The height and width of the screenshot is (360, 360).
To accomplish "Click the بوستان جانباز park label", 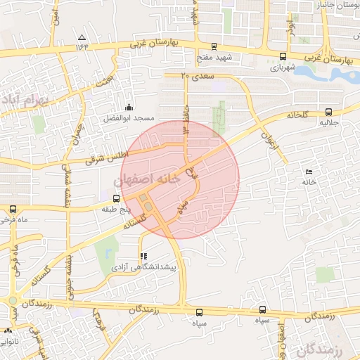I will click(331, 5).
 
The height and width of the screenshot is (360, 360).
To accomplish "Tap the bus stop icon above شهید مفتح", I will click(214, 46).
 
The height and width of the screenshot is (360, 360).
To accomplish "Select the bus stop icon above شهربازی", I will click(283, 57).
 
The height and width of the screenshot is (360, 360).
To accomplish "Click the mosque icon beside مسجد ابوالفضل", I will click(128, 108).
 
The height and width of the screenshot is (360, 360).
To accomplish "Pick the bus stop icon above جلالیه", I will click(328, 112).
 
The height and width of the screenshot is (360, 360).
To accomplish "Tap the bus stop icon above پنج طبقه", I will click(116, 198).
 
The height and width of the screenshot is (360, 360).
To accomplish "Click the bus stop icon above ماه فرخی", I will click(13, 210).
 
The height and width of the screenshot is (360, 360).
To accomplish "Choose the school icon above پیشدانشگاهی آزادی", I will click(144, 256).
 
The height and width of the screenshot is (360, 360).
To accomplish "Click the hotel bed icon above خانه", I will click(309, 172).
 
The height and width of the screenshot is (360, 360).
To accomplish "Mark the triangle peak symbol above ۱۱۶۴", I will click(82, 37).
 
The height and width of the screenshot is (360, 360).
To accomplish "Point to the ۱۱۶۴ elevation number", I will click(84, 47).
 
